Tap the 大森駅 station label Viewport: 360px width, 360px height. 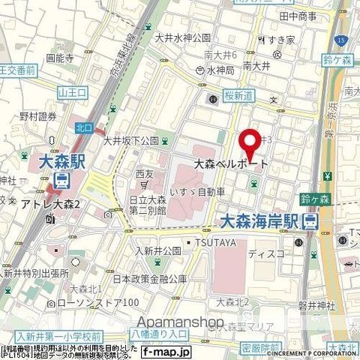(61, 160)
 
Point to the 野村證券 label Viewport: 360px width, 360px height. (38, 115)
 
